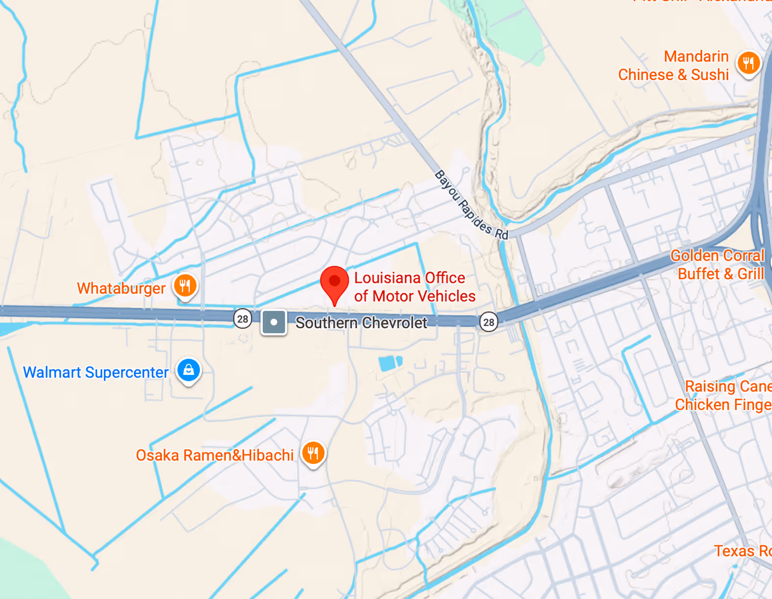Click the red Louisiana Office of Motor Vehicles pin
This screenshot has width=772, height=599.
tap(335, 283)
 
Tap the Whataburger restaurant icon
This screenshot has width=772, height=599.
tap(185, 285)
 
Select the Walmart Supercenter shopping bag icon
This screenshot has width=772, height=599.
tap(189, 370)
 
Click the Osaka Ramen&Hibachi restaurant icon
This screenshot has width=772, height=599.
tap(313, 453)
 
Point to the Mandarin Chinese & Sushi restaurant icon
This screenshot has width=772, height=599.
tap(748, 63)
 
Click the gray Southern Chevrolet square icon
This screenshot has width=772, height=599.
tap(274, 323)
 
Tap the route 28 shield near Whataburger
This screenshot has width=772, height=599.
tap(242, 319)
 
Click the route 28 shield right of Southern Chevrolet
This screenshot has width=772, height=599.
tap(488, 322)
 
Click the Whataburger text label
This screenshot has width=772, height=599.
tap(121, 288)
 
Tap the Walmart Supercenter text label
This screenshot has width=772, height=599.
tap(96, 372)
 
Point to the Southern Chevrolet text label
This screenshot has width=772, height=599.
tap(361, 323)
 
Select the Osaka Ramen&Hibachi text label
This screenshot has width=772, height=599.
tap(215, 456)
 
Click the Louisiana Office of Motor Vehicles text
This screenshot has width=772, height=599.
tap(414, 287)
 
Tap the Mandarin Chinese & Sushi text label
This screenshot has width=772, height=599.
tap(674, 66)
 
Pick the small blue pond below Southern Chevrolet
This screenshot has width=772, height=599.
tap(390, 363)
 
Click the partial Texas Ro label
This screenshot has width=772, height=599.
tap(742, 551)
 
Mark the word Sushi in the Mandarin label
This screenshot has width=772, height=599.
tap(710, 75)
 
